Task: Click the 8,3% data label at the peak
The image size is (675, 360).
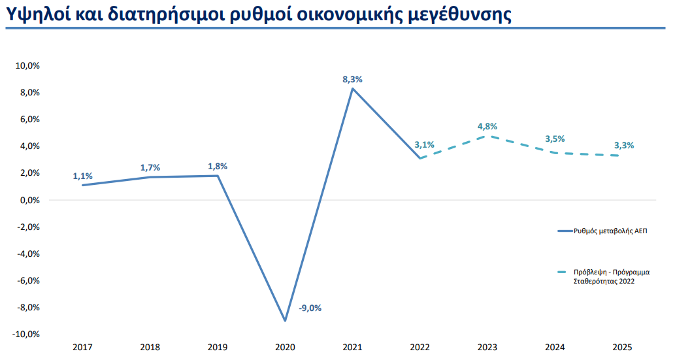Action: (x=352, y=79)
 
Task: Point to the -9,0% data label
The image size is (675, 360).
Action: (x=310, y=308)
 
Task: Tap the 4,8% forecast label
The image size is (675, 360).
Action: (x=488, y=127)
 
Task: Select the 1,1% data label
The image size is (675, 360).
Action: (x=83, y=176)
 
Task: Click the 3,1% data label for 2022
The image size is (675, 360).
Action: (x=424, y=145)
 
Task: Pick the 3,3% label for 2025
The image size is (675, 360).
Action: (x=624, y=146)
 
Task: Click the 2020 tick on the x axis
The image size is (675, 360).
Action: (x=285, y=347)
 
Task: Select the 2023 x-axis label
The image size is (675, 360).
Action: (x=487, y=347)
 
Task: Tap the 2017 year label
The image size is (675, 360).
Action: (x=83, y=347)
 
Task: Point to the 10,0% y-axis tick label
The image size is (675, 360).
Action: (x=28, y=66)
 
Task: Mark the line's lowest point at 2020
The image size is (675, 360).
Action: (x=285, y=321)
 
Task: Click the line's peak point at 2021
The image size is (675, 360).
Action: (x=352, y=88)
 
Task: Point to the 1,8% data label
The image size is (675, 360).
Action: (x=218, y=166)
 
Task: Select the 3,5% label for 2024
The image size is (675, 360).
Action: (x=555, y=139)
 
